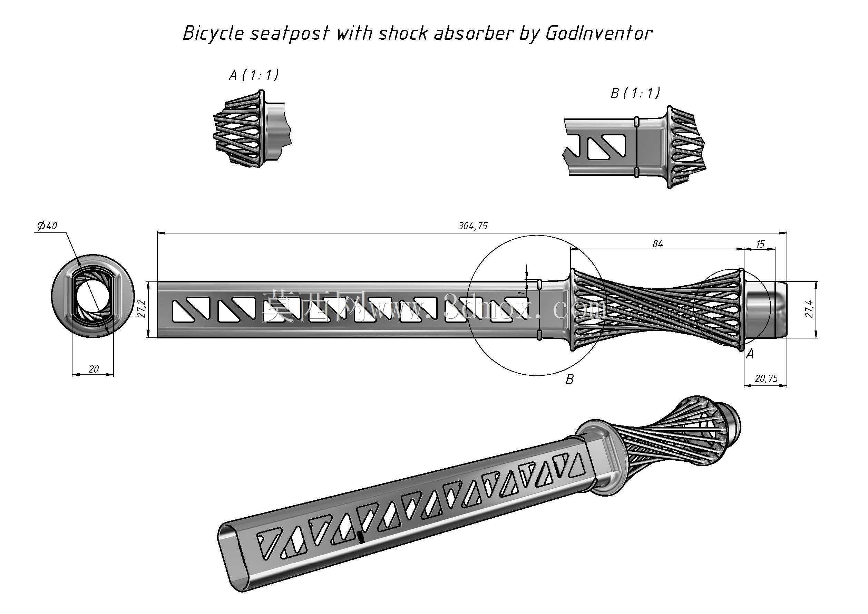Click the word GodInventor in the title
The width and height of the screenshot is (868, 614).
coord(599,33)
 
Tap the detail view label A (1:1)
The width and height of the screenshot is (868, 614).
coord(254,75)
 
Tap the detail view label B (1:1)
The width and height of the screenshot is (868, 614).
coord(635,93)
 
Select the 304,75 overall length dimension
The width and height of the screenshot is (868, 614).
coord(473,226)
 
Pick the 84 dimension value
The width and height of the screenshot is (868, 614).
coord(657,244)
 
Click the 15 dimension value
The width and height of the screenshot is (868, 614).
coord(760,244)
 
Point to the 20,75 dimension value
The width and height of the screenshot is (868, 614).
coord(766,378)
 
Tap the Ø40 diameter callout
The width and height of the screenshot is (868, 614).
coord(47,226)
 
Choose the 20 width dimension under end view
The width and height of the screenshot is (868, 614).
coord(94,368)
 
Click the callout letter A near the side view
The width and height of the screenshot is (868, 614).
coord(750,354)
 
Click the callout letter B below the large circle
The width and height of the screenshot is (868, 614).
coord(569,379)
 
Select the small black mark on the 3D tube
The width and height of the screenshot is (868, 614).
coord(361,537)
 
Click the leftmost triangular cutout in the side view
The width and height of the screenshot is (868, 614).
coord(191,309)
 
